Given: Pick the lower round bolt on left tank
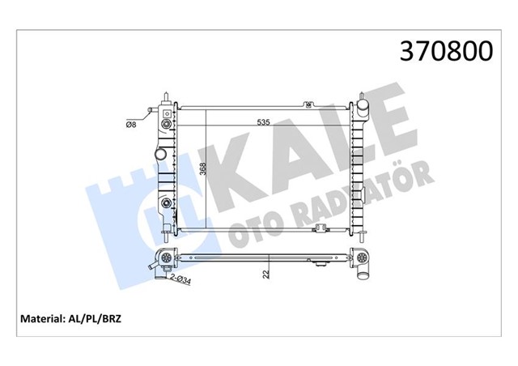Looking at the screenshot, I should coord(167,202).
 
